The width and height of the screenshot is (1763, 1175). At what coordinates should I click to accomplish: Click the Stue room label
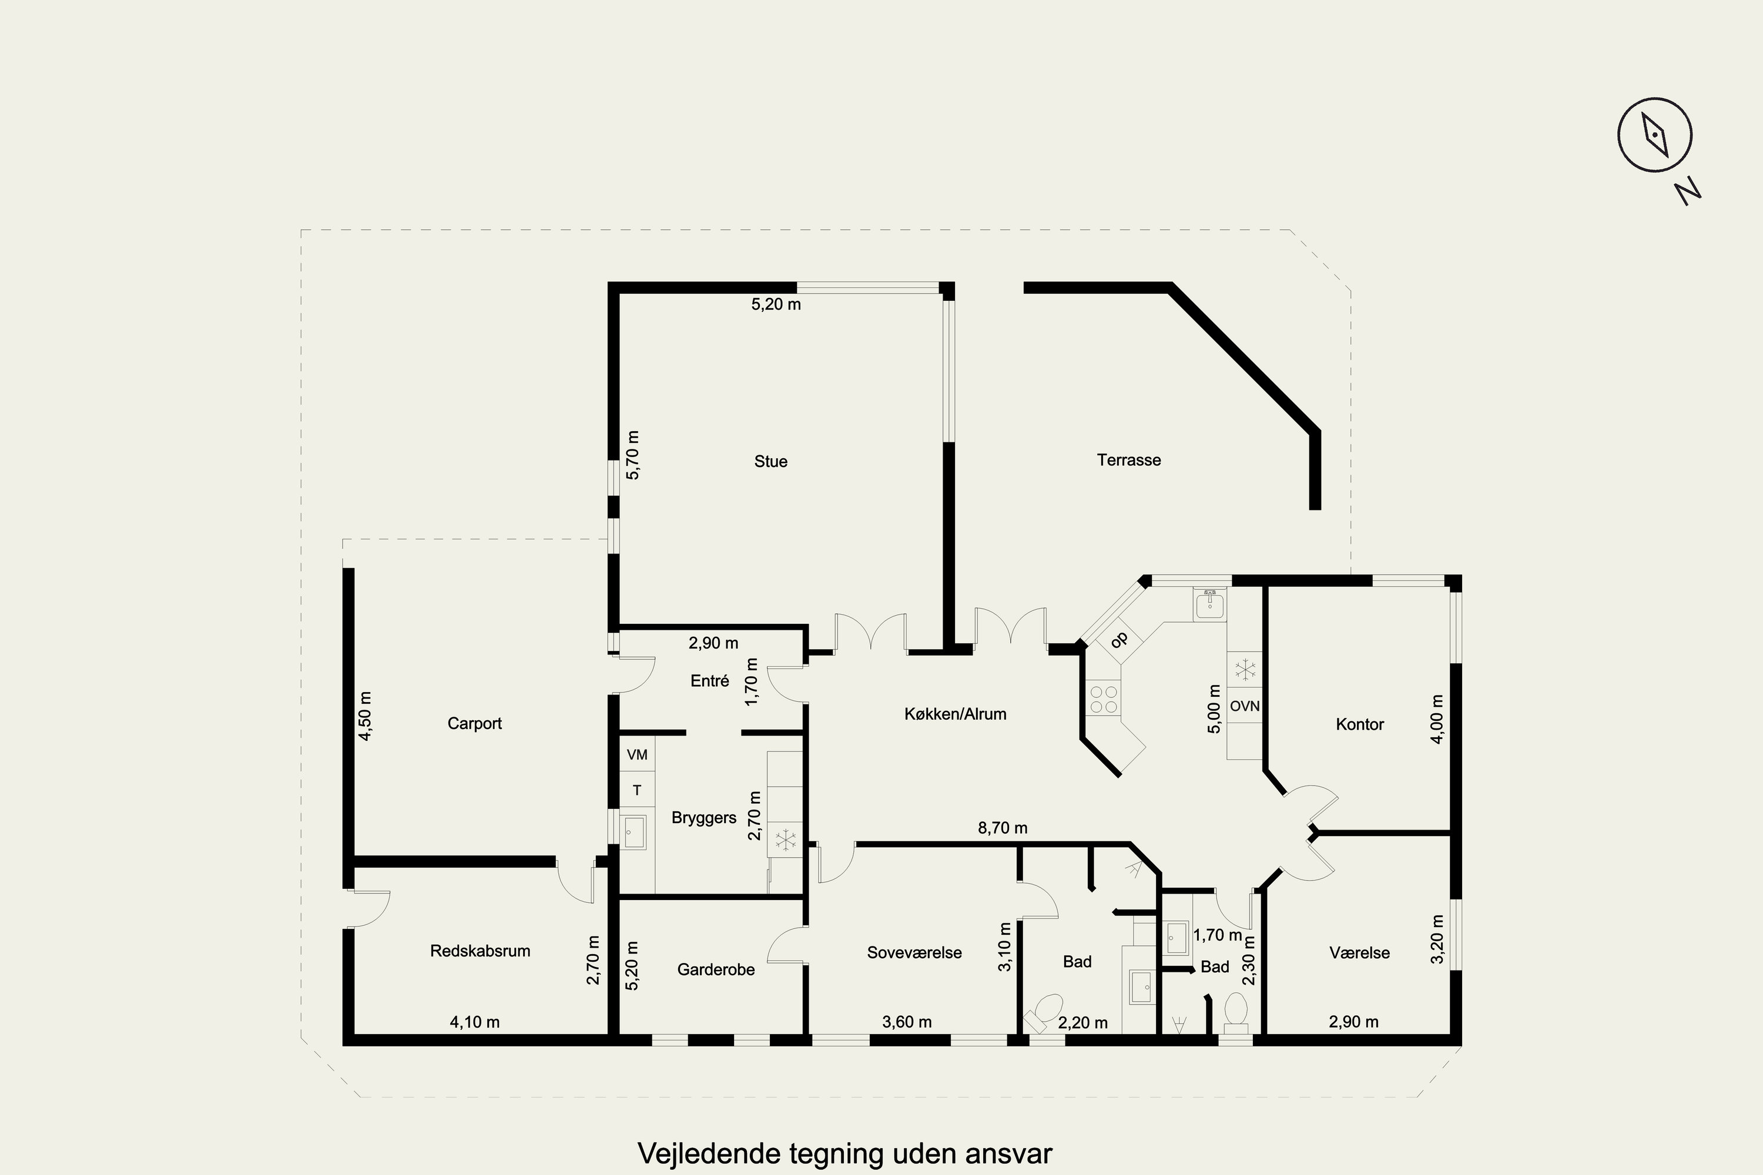pos(770,462)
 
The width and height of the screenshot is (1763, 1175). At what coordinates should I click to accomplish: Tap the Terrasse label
pos(1129,460)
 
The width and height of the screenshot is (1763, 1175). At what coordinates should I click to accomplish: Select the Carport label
pos(474,724)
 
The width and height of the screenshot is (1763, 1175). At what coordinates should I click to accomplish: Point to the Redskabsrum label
pos(480,951)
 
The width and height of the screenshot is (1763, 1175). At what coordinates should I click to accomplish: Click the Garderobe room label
pos(716,970)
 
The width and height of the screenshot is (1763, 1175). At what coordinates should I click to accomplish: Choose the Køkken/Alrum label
pos(955,714)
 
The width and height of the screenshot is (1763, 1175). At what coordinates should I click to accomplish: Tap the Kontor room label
pos(1360,724)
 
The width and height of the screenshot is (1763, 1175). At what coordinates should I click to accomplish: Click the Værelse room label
pos(1360,953)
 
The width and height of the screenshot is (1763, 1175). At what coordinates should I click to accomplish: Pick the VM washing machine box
pos(637,754)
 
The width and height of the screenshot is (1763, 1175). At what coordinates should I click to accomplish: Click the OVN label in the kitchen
pos(1244,706)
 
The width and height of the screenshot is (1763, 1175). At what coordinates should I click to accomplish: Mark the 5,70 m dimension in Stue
pos(633,455)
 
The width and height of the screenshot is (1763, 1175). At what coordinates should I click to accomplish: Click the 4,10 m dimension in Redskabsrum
pos(474,1022)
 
